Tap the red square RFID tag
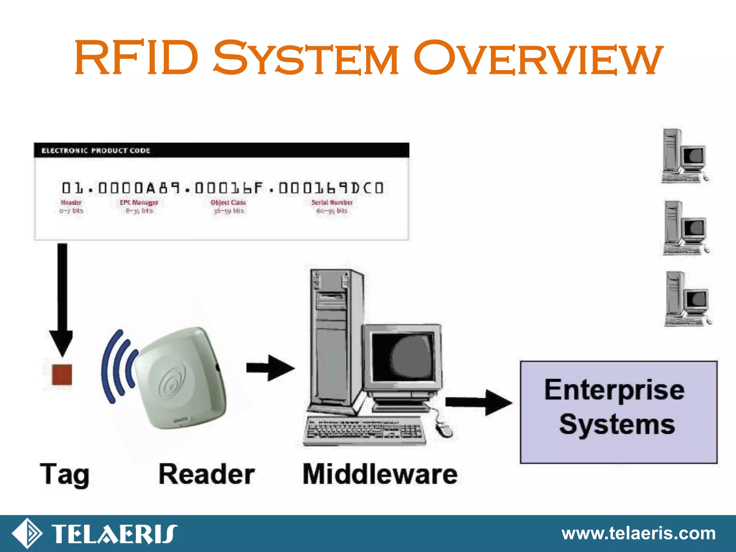[62, 374]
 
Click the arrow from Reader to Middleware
[270, 368]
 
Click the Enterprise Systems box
[618, 412]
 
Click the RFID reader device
[181, 377]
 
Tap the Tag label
[65, 475]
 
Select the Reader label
[207, 475]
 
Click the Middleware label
[380, 475]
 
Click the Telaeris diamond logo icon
[27, 533]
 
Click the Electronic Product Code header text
[96, 151]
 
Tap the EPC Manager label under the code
[139, 203]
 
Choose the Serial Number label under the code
[332, 203]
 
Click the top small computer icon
[685, 156]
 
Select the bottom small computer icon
[687, 299]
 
